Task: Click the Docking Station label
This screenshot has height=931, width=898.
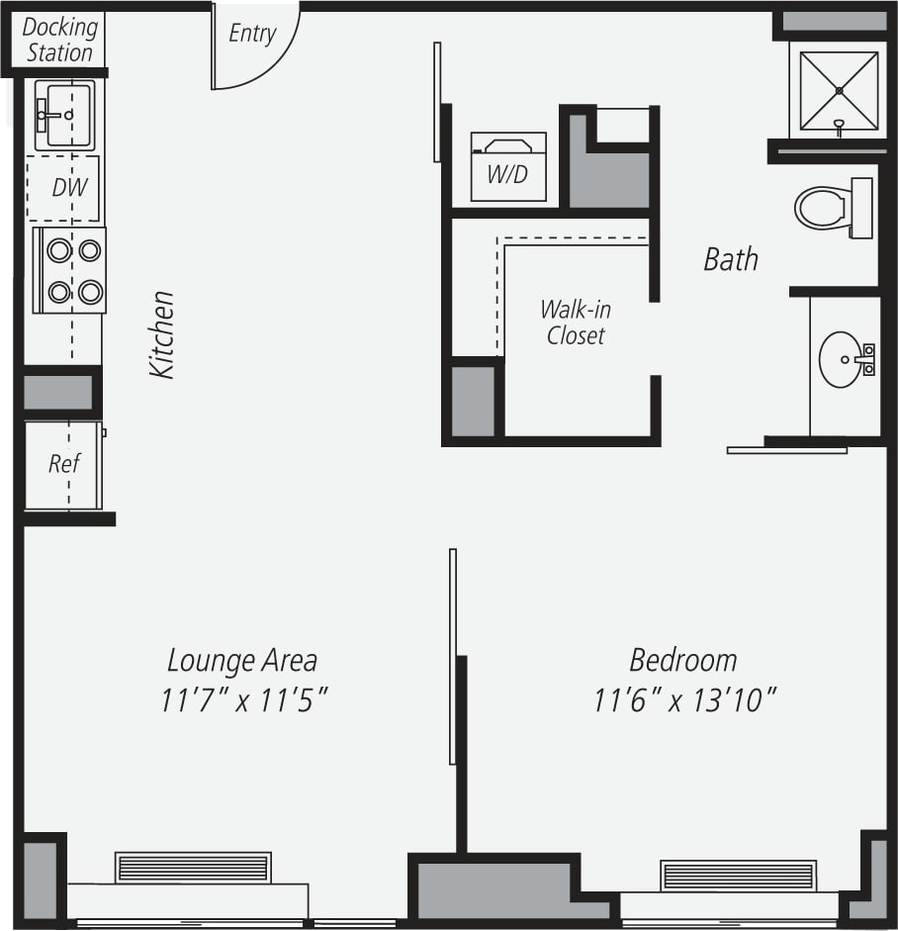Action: point(59,40)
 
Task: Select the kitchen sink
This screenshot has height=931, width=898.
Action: point(64,115)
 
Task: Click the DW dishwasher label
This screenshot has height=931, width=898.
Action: point(65,187)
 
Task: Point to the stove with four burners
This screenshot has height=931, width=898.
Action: point(70,270)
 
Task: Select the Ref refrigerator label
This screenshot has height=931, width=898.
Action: point(64,463)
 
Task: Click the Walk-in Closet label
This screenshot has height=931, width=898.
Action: point(575,322)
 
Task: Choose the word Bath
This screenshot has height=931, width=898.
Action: point(731,259)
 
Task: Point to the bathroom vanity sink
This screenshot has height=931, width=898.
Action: point(843,360)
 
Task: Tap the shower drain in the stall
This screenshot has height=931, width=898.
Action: point(839,91)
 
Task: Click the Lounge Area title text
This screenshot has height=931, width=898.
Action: point(242,660)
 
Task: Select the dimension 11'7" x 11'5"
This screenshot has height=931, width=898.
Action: point(243,700)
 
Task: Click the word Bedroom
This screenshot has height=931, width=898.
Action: point(683,660)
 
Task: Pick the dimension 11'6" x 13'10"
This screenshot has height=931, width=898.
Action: point(684,700)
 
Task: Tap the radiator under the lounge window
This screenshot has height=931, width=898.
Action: point(192,868)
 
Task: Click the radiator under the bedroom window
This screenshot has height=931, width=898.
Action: point(738,876)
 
